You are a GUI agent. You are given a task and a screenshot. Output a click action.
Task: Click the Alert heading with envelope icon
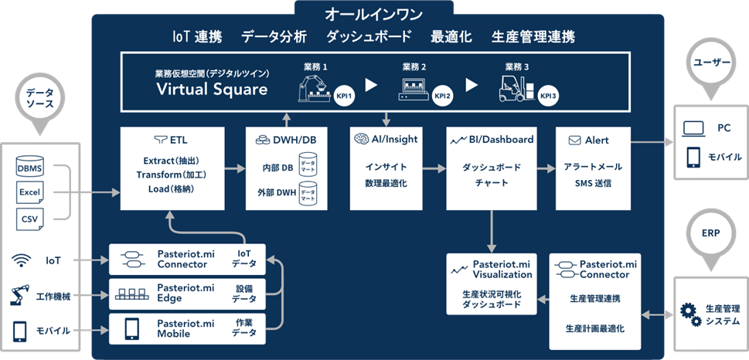tap(589, 140)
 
